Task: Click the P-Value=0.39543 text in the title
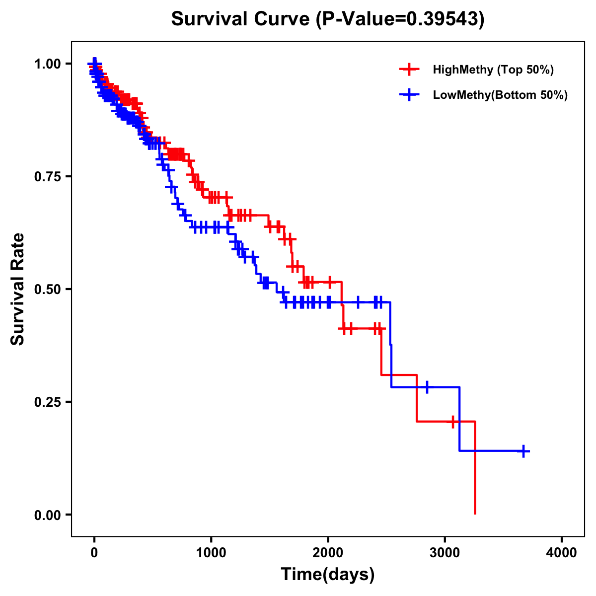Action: (401, 19)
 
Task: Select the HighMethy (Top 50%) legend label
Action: (493, 70)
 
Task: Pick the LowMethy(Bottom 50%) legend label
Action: (500, 95)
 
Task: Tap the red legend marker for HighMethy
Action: (409, 70)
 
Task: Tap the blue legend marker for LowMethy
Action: (409, 95)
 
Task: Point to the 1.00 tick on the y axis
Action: (47, 64)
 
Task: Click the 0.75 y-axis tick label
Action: (47, 176)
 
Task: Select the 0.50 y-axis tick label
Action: (47, 289)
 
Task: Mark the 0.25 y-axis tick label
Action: (47, 402)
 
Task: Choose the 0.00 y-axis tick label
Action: (47, 515)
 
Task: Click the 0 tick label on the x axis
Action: (94, 553)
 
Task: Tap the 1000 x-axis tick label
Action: (211, 553)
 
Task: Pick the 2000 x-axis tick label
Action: (328, 553)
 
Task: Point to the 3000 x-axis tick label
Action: (445, 553)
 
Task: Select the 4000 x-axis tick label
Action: (562, 553)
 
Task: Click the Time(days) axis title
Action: (328, 575)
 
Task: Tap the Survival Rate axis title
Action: (18, 289)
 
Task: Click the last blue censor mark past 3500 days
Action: (523, 451)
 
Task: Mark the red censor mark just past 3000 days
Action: (453, 422)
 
